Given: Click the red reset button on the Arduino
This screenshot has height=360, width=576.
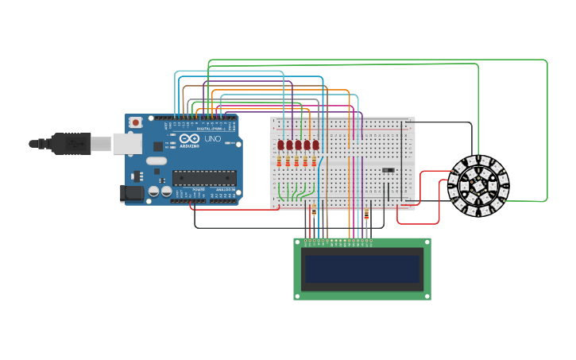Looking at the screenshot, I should click(x=136, y=122).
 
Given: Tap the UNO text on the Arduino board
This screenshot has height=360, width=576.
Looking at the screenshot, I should click(x=213, y=139).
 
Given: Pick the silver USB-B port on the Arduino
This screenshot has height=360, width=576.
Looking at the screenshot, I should click(x=127, y=143).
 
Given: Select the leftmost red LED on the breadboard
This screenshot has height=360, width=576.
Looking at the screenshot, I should click(x=281, y=145).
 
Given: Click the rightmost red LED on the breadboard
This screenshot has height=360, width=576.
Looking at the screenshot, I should click(x=315, y=145).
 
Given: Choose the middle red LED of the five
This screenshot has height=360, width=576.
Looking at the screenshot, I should click(x=299, y=145).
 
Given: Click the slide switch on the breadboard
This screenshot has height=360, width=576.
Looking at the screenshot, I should click(x=388, y=169).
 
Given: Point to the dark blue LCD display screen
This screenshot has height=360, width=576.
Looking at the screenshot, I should click(x=361, y=269).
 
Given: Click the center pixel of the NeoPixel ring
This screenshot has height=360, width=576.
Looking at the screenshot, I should click(x=478, y=187).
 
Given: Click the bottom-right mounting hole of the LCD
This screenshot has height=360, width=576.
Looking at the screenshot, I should click(x=426, y=295).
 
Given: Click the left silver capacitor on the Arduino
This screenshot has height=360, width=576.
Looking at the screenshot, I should click(x=152, y=191).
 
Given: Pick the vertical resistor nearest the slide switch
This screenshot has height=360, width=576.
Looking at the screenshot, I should click(x=366, y=214).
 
